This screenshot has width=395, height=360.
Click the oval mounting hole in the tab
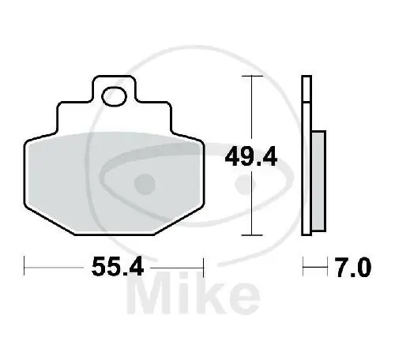(115, 98)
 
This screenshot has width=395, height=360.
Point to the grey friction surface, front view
(115, 182)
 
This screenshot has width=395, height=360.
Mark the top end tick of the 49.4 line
(251, 77)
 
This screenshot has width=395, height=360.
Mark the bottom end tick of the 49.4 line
(251, 234)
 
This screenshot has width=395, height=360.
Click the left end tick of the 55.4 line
(25, 268)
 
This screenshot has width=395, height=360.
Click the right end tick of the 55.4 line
(205, 268)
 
